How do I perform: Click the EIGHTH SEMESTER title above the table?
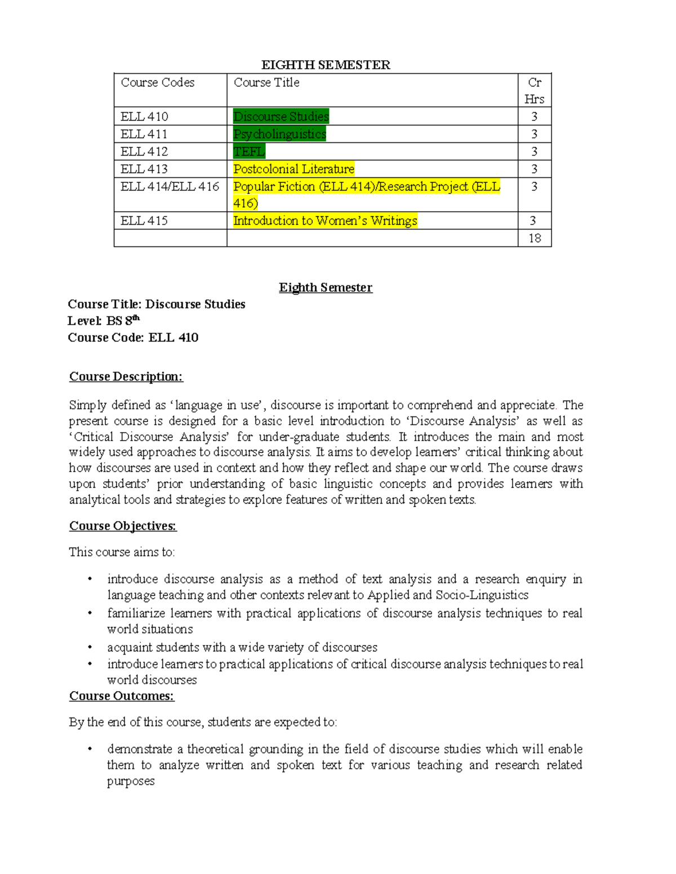click(326, 65)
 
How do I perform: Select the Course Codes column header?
click(158, 83)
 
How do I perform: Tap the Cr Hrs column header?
click(534, 91)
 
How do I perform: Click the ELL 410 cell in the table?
click(144, 116)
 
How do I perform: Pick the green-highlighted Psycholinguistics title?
click(279, 134)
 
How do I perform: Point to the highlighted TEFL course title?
click(249, 151)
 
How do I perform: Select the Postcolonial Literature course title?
click(293, 169)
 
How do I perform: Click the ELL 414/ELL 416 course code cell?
click(170, 186)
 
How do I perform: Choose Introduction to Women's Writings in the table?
click(325, 221)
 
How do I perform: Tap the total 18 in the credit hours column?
click(534, 238)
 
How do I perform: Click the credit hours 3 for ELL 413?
click(534, 169)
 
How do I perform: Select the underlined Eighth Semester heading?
click(326, 288)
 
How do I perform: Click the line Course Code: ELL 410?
click(133, 338)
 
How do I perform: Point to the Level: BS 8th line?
click(104, 321)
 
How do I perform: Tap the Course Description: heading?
click(126, 377)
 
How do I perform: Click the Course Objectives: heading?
click(123, 526)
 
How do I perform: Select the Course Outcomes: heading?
click(122, 696)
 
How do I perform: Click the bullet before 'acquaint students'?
click(89, 647)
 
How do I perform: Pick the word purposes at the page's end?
click(131, 781)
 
